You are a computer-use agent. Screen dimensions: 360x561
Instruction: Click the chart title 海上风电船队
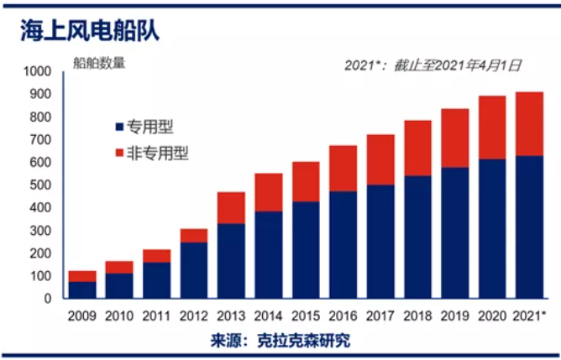tap(89, 31)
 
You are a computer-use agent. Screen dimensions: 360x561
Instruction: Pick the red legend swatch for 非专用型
tap(118, 154)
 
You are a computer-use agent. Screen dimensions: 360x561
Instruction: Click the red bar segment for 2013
tap(231, 208)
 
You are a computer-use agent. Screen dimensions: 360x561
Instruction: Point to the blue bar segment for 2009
tap(82, 289)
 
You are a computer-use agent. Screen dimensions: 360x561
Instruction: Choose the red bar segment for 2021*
tap(529, 123)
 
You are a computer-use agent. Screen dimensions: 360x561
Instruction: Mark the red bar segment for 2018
tap(417, 148)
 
